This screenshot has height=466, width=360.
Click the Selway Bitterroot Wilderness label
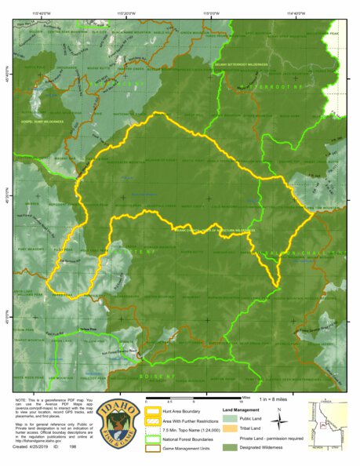pyautogui.click(x=243, y=65)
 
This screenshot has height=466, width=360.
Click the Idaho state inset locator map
pyautogui.click(x=330, y=424)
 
